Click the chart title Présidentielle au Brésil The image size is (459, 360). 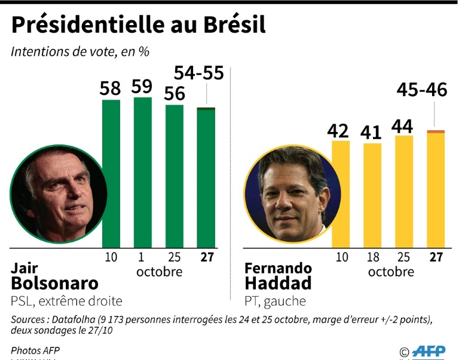pos(138,26)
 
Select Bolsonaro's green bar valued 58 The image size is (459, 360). pos(111,173)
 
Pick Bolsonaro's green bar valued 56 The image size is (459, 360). pos(175,176)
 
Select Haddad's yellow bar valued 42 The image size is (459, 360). pos(341,194)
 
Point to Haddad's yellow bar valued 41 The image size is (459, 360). pos(372,195)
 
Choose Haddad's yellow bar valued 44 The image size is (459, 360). pos(404,191)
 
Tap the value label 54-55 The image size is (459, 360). pos(198,73)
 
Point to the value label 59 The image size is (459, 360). pos(142,87)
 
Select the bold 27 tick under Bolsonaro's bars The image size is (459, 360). pos(207,257)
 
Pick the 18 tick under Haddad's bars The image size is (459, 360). pos(372,257)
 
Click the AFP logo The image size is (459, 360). pos(429,351)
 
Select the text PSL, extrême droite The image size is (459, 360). pos(66,301)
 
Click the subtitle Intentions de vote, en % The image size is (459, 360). pos(80,51)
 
